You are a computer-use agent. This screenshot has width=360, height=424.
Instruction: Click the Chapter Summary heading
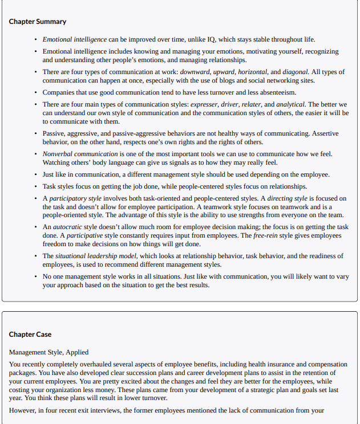[x=38, y=22]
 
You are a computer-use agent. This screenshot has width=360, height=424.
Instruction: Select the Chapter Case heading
[x=31, y=334]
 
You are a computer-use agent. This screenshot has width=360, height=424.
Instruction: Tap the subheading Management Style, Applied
[x=48, y=352]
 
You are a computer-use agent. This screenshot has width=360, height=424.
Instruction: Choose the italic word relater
[x=252, y=104]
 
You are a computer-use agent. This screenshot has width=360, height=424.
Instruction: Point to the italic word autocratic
[x=67, y=227]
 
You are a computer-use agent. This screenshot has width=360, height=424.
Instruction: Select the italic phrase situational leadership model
[x=96, y=256]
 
